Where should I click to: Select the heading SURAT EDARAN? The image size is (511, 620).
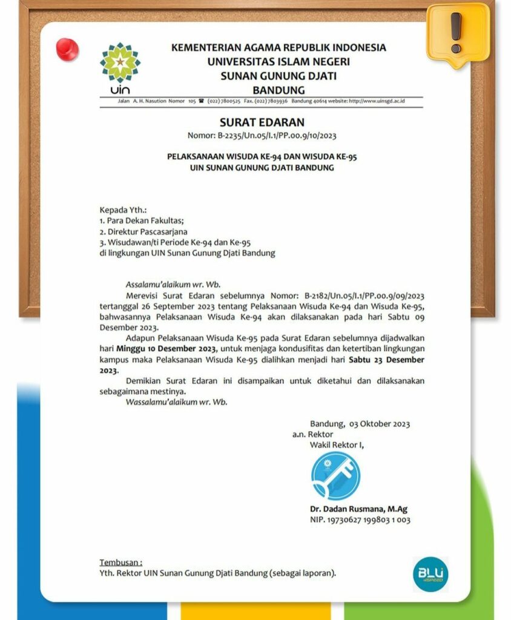tap(262, 123)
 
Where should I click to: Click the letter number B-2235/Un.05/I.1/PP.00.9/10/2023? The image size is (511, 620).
tap(262, 136)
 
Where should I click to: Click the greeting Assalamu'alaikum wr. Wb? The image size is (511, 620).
tap(173, 283)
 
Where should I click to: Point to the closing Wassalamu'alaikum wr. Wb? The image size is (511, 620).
tap(176, 402)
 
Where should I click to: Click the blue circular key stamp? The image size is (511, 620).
tap(335, 475)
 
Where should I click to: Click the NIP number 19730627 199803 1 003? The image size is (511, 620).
tap(360, 520)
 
